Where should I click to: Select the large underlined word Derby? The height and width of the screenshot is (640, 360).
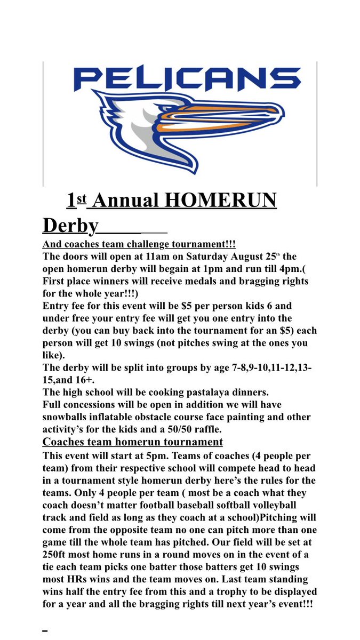70,226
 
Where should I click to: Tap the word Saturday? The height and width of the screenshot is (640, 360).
190,256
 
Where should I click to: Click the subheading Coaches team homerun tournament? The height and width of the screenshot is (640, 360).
133,442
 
